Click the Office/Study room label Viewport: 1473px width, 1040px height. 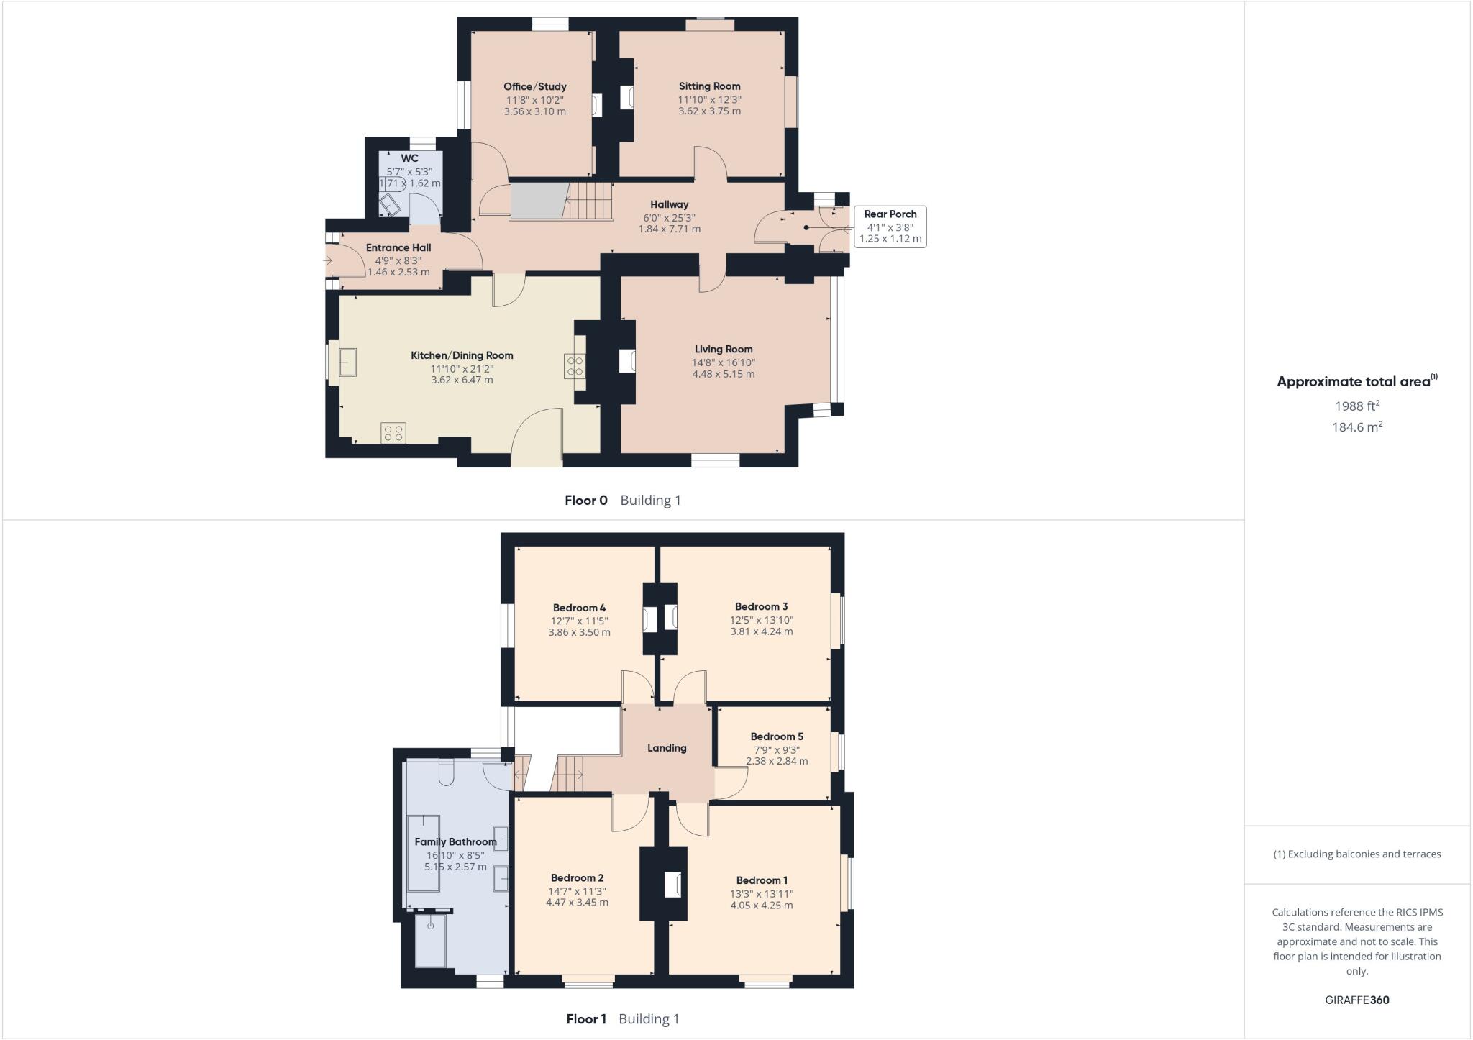click(534, 86)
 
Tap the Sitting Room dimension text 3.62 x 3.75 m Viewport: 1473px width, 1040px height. click(709, 111)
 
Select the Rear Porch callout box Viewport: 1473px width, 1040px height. click(890, 227)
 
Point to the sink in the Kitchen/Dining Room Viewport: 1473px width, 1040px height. click(349, 362)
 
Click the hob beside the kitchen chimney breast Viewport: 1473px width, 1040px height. click(575, 366)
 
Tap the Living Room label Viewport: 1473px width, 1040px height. click(724, 349)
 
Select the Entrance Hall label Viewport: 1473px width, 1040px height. click(398, 247)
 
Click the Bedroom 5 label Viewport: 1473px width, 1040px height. click(777, 736)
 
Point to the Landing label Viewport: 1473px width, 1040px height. click(667, 748)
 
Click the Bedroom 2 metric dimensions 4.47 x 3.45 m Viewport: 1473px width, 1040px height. click(577, 903)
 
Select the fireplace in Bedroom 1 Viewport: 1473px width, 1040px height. click(673, 885)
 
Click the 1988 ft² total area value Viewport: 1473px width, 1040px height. click(1357, 406)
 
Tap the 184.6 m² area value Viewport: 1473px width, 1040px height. click(1357, 427)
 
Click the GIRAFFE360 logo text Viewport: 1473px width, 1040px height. click(1356, 1000)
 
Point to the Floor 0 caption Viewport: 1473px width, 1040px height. click(586, 501)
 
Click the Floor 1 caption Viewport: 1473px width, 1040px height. click(586, 1019)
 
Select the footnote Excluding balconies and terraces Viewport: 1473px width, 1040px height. click(1357, 854)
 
